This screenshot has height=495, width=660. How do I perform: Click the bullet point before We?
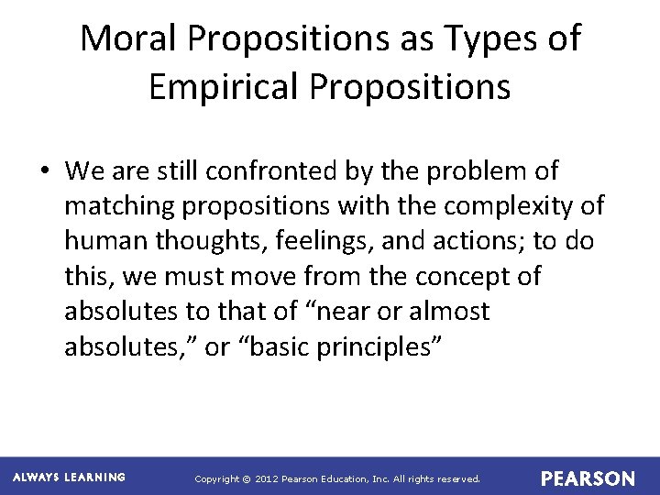45,171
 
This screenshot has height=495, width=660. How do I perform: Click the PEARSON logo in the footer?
588,478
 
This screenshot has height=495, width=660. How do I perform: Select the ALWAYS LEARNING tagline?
70,478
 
